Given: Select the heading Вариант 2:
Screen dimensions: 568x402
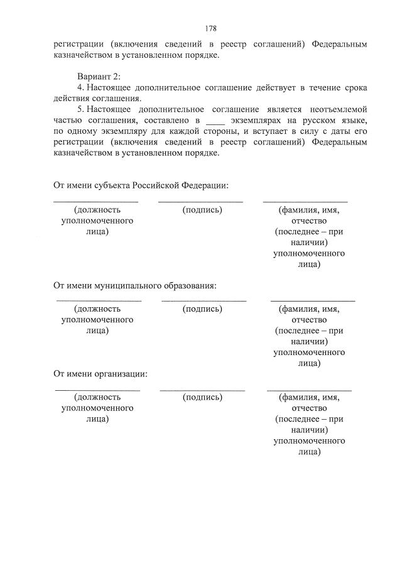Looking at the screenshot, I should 94,76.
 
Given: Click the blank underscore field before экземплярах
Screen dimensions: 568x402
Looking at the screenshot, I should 215,119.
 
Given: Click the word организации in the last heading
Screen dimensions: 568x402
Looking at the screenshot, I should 122,374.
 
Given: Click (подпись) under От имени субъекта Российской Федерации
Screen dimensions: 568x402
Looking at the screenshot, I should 202,210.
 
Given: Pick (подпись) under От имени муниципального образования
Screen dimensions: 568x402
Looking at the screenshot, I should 202,309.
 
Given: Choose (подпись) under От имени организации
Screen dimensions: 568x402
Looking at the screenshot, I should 202,397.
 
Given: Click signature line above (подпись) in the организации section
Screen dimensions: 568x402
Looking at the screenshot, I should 202,390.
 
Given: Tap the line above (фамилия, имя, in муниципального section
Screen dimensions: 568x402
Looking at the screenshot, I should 312,302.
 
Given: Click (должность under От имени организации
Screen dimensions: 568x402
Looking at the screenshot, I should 97,397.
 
